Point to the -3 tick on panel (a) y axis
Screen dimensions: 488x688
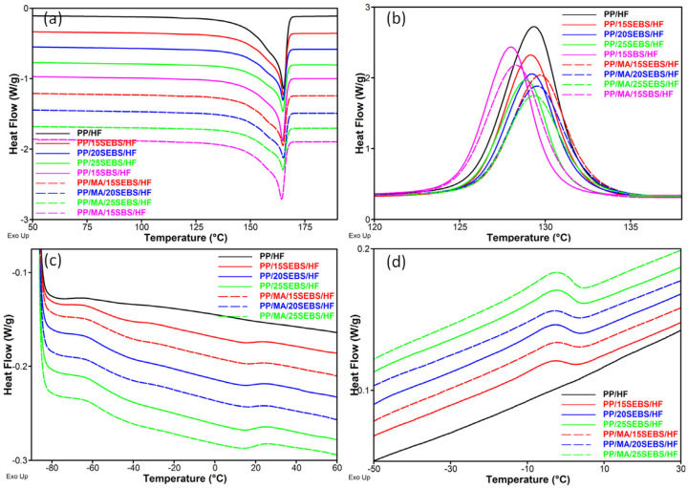pos(35,220)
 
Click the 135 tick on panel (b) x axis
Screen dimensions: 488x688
pos(630,228)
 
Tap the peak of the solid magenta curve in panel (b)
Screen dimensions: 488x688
pos(509,48)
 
